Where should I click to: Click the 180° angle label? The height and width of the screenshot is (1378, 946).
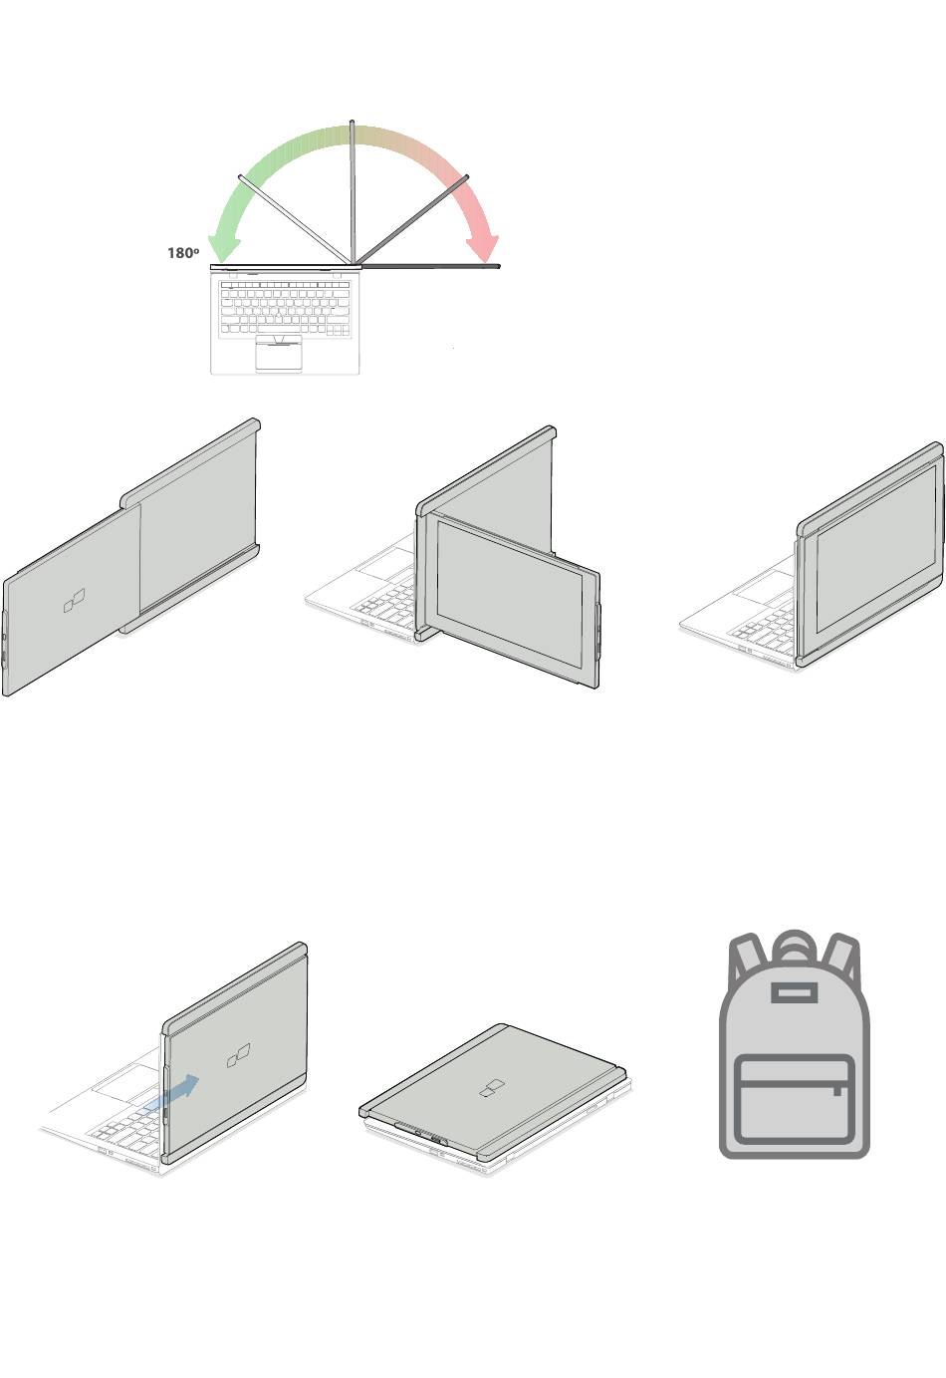click(183, 252)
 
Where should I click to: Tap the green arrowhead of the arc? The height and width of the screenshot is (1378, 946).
click(223, 247)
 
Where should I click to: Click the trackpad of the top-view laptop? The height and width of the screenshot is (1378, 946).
click(279, 355)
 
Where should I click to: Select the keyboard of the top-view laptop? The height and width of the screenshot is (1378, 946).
click(285, 307)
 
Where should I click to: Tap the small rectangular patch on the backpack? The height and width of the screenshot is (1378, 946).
click(794, 993)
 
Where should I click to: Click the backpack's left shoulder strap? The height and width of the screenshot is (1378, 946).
click(746, 959)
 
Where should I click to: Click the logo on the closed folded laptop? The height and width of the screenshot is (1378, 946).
click(492, 1088)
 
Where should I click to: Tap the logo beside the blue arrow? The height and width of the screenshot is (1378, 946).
click(238, 1054)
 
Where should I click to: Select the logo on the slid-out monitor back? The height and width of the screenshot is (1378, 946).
click(75, 601)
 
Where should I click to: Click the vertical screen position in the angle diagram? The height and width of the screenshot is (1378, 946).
click(353, 192)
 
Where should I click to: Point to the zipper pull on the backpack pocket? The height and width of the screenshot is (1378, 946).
click(837, 1091)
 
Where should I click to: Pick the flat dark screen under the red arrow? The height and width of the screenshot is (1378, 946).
click(430, 266)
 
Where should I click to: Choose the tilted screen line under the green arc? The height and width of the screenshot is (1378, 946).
click(295, 219)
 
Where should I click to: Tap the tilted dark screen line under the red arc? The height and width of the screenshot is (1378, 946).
click(412, 219)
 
